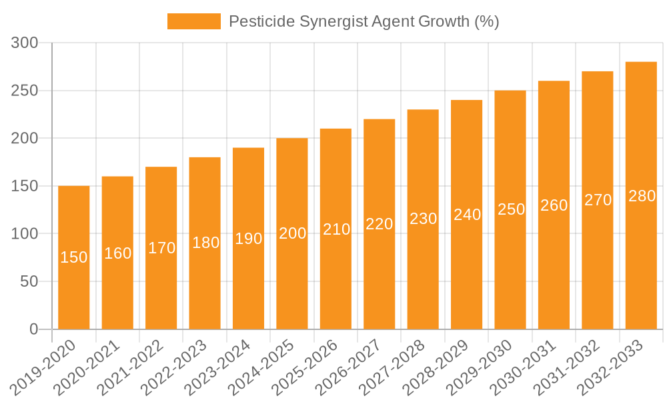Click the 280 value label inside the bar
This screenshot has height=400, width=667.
642,196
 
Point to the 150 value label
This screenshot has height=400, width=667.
74,257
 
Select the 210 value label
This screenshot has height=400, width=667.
336,229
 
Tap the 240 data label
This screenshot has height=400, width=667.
467,215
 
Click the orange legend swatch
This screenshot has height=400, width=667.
193,21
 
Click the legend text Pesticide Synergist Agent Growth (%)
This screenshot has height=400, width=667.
364,21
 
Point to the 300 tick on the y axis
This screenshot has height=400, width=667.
26,43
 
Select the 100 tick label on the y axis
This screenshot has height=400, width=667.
26,234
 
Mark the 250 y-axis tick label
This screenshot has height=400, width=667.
26,91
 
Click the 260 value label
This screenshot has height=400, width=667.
554,205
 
